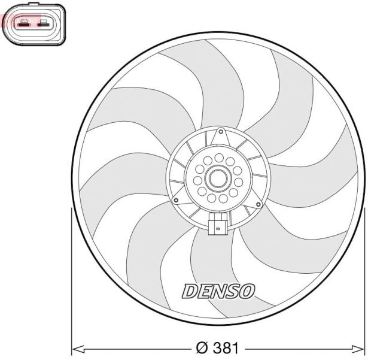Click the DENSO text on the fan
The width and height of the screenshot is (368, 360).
point(218,291)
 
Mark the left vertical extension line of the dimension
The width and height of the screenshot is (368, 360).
point(71,282)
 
